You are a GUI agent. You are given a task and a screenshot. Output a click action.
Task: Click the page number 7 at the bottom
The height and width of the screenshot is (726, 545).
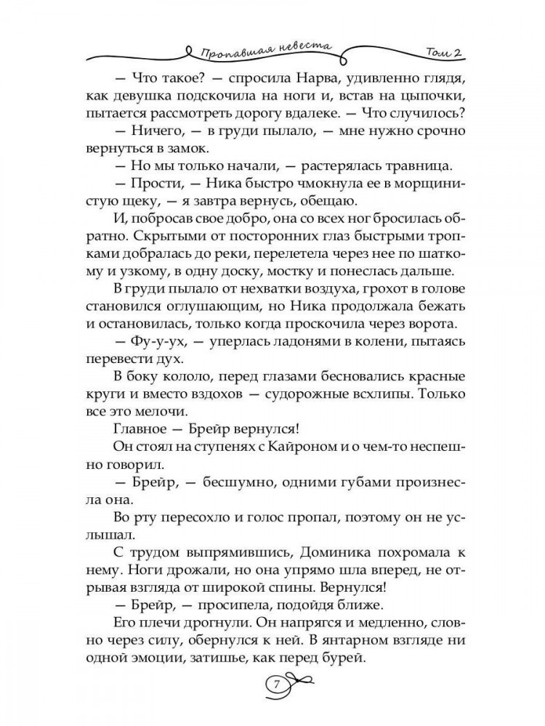click(275, 684)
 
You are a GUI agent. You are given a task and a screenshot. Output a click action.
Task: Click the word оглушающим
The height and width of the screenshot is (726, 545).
click(219, 298)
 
